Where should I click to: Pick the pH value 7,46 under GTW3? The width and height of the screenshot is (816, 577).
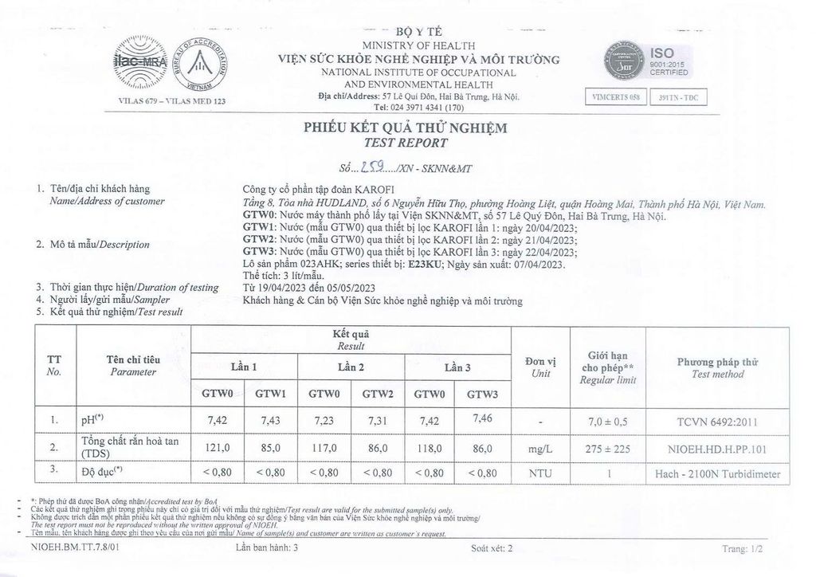[x=481, y=418]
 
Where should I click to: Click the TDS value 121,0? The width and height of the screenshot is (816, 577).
[x=218, y=449]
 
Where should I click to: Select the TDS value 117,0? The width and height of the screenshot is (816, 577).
[x=324, y=449]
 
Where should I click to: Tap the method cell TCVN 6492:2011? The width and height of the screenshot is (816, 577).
[x=717, y=419]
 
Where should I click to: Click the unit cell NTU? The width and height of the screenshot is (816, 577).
[x=540, y=473]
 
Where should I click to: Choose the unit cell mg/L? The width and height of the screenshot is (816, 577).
[x=540, y=449]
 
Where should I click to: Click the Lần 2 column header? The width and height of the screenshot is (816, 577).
[x=351, y=367]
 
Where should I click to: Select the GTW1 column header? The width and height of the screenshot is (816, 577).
[x=271, y=394]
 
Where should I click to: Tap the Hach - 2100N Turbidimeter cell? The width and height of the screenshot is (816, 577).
[x=717, y=474]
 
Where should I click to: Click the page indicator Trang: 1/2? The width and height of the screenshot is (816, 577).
[x=742, y=549]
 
